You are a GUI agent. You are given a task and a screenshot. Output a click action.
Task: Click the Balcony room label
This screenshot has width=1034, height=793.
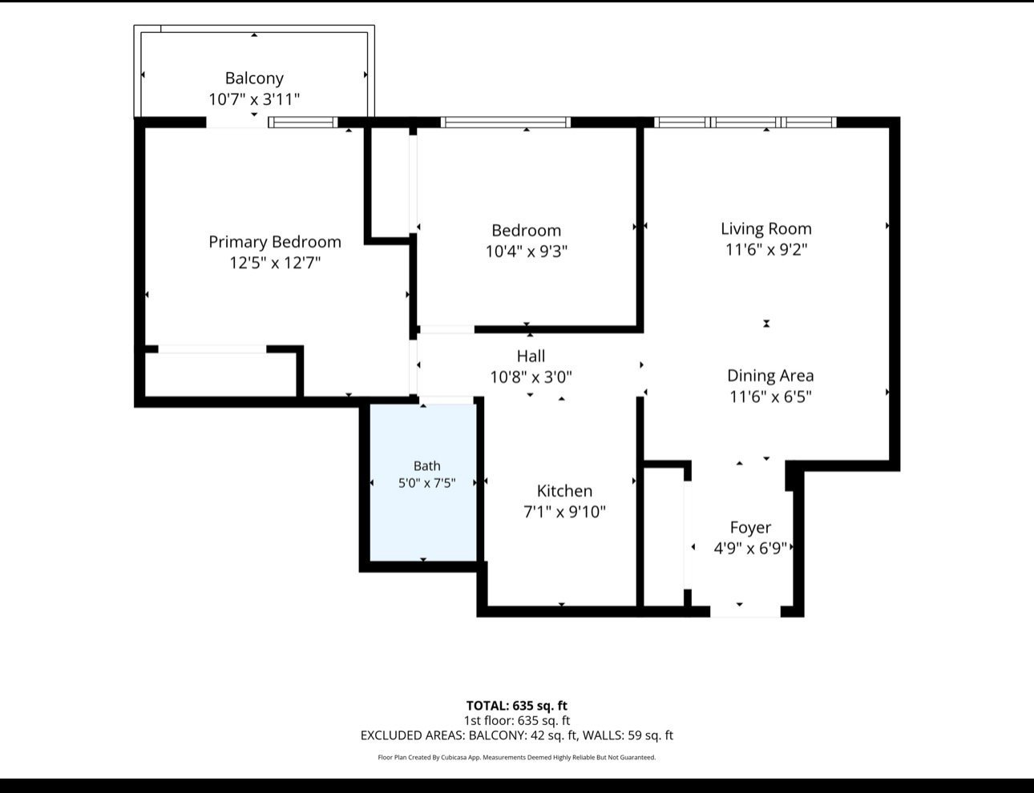pos(254,78)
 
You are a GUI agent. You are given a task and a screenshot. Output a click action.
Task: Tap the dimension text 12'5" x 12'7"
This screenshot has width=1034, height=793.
pos(275,263)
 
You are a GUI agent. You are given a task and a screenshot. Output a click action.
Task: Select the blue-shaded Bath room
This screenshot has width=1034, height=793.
pos(423,482)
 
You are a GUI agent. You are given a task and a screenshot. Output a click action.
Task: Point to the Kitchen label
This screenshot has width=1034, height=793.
pos(564,491)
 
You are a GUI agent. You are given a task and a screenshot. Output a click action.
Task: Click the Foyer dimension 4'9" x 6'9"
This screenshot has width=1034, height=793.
pos(750,548)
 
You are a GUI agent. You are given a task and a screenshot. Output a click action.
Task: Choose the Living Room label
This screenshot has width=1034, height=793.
pos(766,228)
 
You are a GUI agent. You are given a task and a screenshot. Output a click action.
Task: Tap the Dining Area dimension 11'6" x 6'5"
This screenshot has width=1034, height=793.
pos(770,396)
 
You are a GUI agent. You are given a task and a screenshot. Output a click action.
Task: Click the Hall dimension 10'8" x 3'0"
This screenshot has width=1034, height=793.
pos(531,377)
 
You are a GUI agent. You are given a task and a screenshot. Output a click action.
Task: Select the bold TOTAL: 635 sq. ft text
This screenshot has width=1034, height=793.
pos(517,706)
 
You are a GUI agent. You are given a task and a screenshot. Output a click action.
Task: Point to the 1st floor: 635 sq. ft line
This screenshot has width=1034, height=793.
pos(517,721)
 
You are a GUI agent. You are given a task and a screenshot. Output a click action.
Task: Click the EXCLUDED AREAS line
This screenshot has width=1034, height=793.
pos(517,735)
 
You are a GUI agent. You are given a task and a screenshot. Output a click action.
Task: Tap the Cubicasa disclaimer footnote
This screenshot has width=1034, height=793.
pos(517,757)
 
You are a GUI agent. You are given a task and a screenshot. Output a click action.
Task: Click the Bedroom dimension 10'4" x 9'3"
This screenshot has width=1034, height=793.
pos(527,251)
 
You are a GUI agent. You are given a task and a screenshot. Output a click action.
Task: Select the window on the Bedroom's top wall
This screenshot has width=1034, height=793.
pos(505,123)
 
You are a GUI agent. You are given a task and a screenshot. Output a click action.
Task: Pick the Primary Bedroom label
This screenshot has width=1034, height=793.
pos(275,242)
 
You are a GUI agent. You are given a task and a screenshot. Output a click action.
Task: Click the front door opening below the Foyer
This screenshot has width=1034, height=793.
pos(745,611)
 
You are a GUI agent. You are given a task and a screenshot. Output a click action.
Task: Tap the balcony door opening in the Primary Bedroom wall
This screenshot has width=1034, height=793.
pos(237,123)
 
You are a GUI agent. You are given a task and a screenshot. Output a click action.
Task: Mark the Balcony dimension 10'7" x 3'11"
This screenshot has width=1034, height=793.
pos(254,99)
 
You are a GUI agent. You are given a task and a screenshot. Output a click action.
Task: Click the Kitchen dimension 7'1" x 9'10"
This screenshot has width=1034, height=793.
pos(564,512)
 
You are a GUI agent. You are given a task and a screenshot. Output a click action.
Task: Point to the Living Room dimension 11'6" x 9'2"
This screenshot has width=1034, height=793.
pos(766,250)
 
